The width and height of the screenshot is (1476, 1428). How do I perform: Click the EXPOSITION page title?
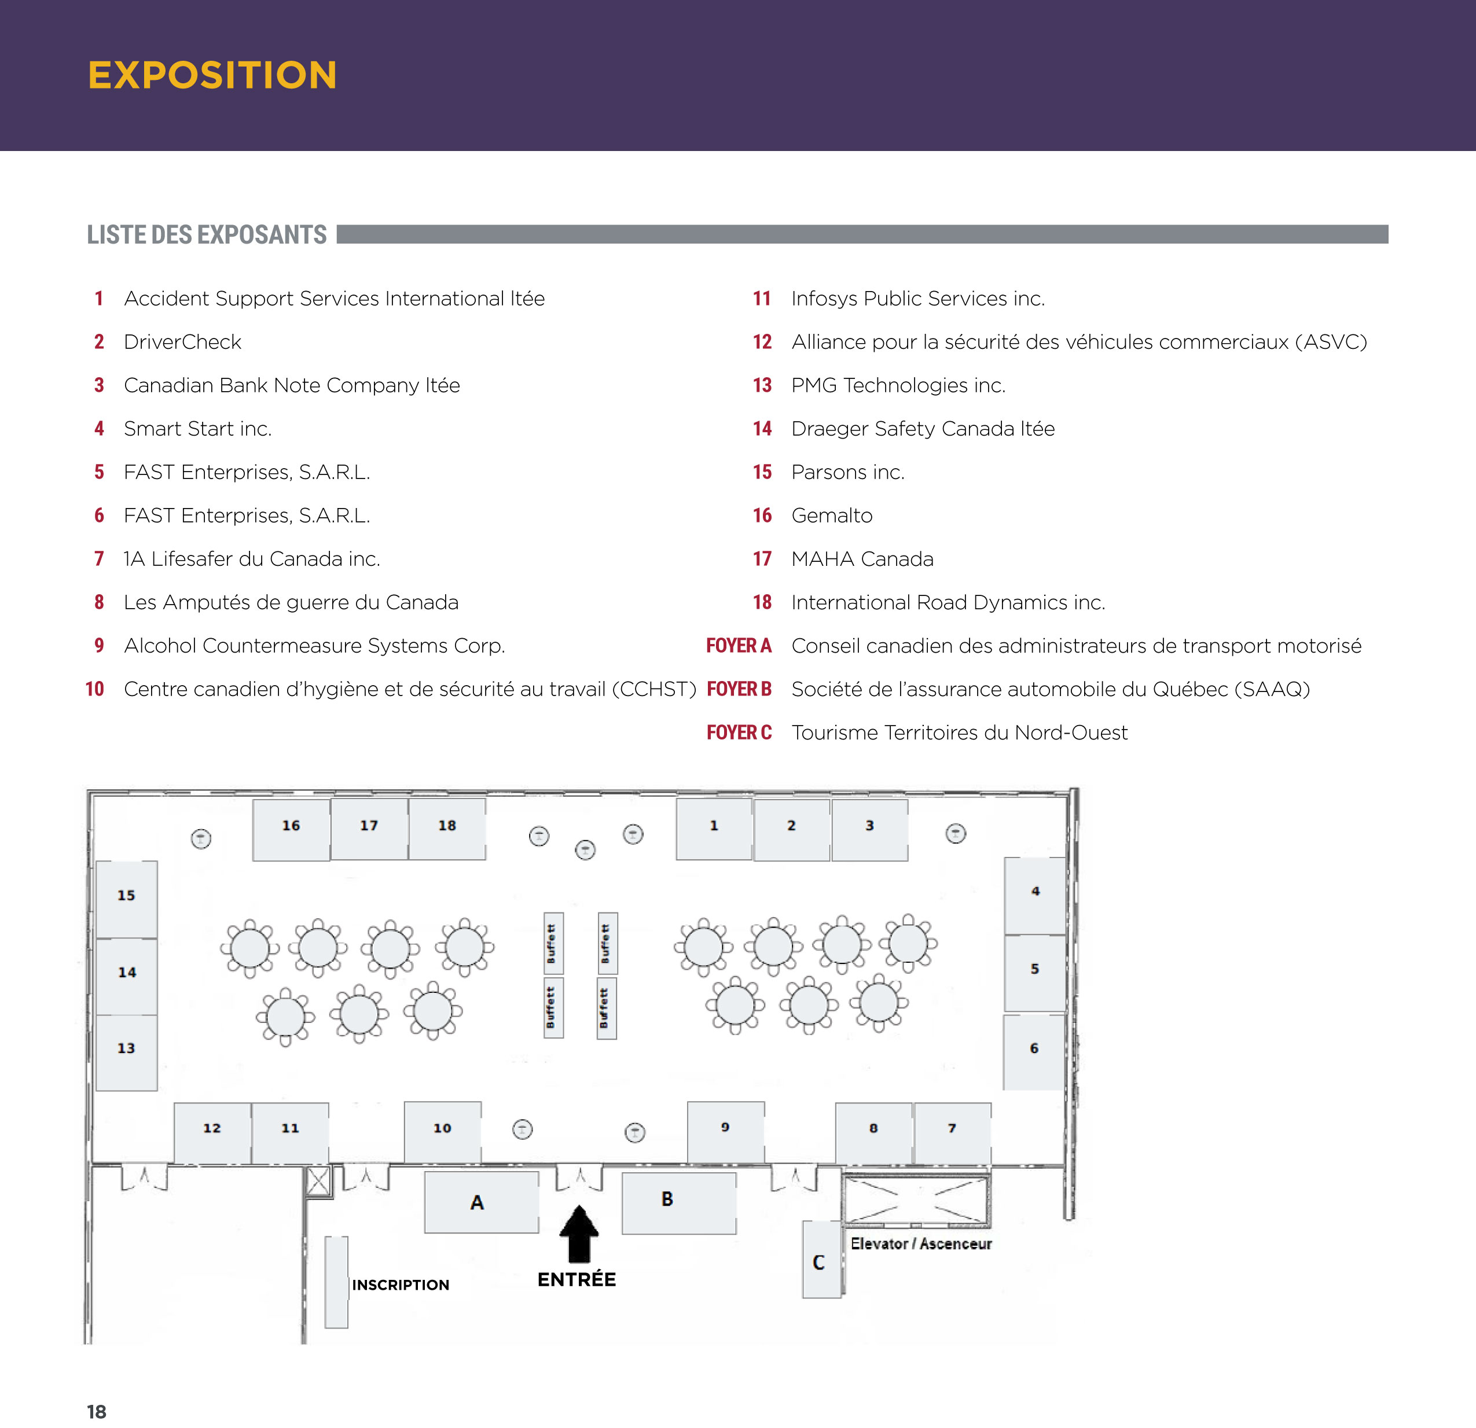pos(212,75)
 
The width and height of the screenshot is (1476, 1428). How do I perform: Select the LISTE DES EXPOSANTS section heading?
pos(207,235)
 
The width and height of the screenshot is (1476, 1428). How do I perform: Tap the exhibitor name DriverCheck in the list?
pos(182,342)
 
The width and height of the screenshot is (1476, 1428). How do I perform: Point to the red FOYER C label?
pos(739,733)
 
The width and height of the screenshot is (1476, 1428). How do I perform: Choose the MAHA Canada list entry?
pos(862,558)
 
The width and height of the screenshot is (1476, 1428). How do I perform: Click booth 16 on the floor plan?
pos(291,830)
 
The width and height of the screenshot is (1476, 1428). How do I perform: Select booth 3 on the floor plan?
pos(870,830)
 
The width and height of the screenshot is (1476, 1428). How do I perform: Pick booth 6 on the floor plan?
pos(1035,1051)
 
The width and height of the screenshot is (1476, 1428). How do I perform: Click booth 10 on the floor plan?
pos(443,1131)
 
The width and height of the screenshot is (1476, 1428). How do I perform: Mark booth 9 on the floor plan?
pos(726,1131)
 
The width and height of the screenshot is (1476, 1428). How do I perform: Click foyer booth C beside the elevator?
pos(821,1260)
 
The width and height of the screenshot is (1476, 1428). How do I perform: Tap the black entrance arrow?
pos(579,1233)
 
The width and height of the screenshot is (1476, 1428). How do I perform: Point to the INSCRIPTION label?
pos(401,1285)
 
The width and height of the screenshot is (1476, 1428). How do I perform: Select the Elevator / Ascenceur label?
pos(921,1243)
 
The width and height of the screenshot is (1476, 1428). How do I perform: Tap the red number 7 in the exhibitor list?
pos(98,558)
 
